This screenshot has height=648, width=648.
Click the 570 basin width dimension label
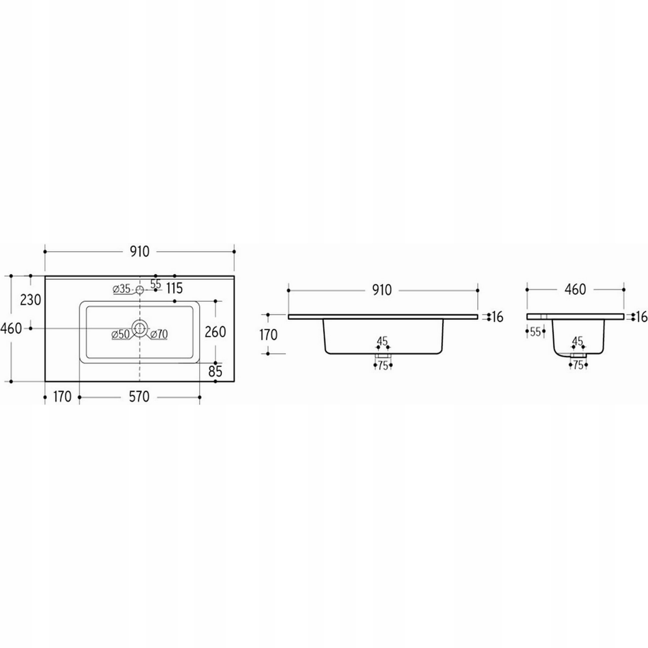tap(139, 397)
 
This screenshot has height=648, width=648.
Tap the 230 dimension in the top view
tap(30, 300)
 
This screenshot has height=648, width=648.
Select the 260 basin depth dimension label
tap(215, 332)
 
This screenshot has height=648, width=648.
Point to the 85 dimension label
tap(215, 371)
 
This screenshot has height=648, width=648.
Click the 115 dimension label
tap(174, 288)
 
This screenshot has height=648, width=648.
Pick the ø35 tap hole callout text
tap(122, 289)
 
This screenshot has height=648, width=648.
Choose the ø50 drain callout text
tap(121, 334)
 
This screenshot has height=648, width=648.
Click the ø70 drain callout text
tap(159, 334)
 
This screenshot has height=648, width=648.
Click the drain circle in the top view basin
tap(140, 328)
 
